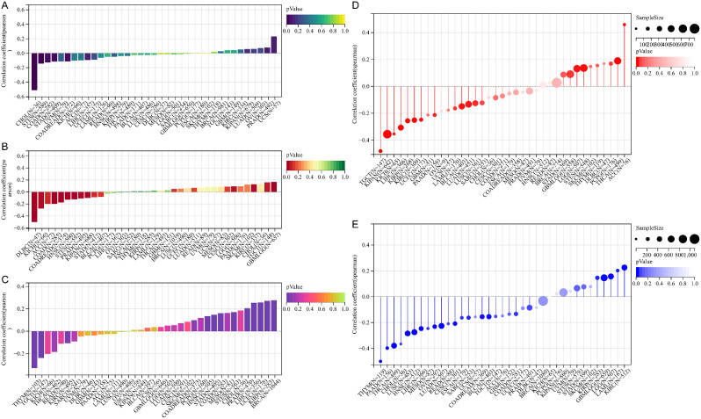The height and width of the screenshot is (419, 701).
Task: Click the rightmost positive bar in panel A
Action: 274,44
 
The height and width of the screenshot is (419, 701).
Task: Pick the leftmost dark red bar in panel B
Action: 34,206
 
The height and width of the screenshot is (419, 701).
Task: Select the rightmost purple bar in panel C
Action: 274,315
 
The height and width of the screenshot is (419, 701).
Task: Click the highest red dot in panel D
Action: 625,25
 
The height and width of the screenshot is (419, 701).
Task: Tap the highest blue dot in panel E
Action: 625,267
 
